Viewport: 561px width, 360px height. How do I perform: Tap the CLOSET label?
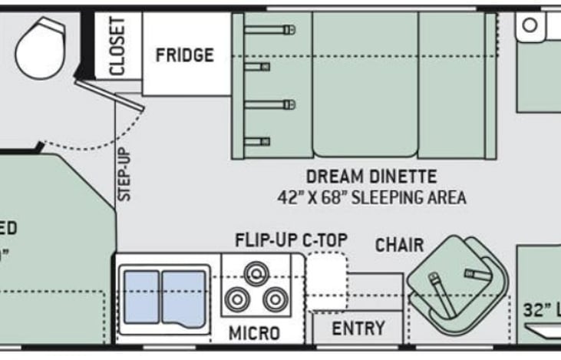coord(117,47)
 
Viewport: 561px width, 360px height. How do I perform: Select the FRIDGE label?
coord(184,55)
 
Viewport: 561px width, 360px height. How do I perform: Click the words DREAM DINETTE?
coord(371,176)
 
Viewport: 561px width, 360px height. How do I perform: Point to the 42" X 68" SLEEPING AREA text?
coord(371,197)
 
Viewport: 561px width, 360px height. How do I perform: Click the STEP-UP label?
coord(125,174)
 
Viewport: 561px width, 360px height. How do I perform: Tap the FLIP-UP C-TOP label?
coord(292,240)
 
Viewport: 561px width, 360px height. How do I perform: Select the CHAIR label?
coord(399,245)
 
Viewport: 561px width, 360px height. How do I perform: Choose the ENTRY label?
coord(358,329)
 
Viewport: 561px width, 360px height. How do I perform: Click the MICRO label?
coord(254,333)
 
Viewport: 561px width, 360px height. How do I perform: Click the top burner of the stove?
coord(256,272)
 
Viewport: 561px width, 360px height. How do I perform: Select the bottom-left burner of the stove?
coord(239,299)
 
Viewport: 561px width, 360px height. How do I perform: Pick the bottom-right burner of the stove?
coord(272,299)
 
